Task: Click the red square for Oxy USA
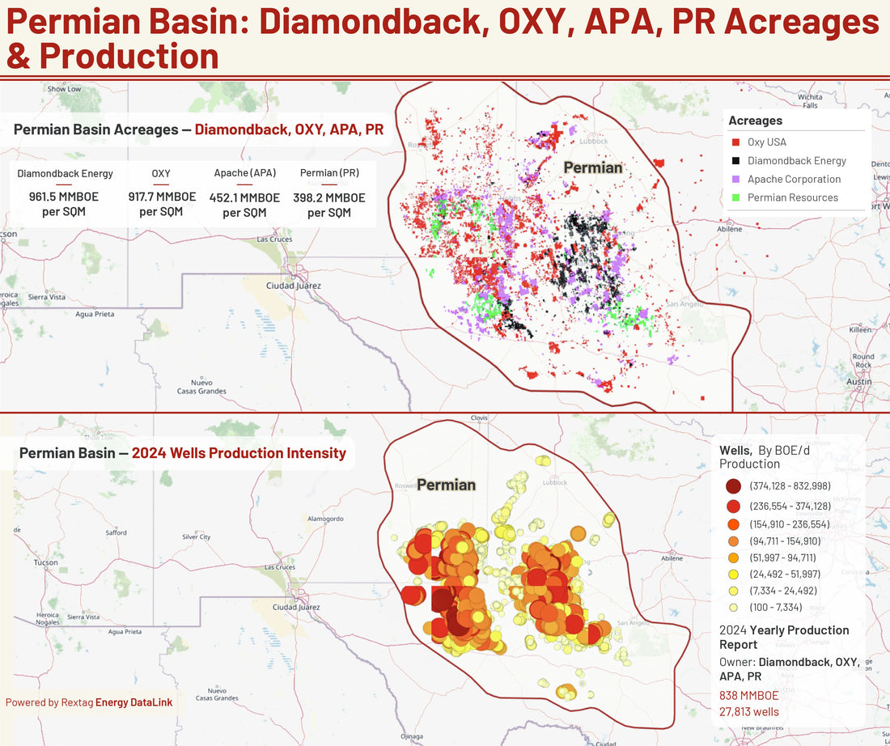click(x=735, y=142)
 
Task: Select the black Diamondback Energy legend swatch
click(x=735, y=161)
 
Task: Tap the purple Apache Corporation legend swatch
click(x=735, y=180)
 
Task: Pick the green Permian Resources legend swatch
click(x=735, y=198)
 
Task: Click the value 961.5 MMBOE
click(x=65, y=197)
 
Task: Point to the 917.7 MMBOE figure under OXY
click(x=161, y=197)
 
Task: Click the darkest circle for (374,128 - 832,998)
click(x=733, y=486)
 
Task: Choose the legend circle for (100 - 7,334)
click(x=733, y=608)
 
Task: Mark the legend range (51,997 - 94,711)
click(x=783, y=557)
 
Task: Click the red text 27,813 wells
click(x=748, y=712)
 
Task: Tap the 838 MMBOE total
click(x=748, y=696)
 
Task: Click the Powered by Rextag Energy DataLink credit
click(x=88, y=702)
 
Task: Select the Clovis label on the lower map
click(x=479, y=418)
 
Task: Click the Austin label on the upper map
click(x=858, y=381)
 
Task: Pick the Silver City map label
click(x=196, y=537)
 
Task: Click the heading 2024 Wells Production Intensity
click(x=239, y=453)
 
